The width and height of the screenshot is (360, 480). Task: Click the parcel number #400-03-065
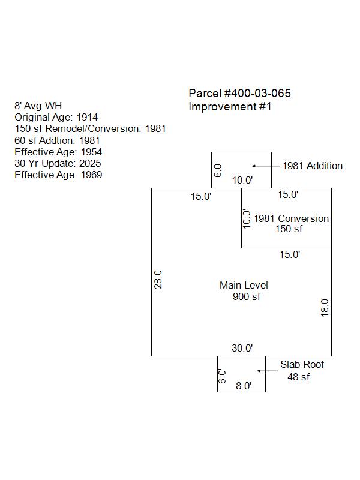pyautogui.click(x=240, y=94)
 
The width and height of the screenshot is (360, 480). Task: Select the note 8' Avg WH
pyautogui.click(x=38, y=106)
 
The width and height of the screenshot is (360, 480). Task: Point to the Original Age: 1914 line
pyautogui.click(x=56, y=118)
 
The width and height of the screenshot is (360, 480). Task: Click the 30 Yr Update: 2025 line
pyautogui.click(x=58, y=164)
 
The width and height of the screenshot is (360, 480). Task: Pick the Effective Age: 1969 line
pyautogui.click(x=58, y=175)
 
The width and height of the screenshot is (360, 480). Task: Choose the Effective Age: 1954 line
pyautogui.click(x=58, y=152)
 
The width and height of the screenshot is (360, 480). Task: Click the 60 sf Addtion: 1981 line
pyautogui.click(x=58, y=141)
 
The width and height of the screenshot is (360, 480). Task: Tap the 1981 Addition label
pyautogui.click(x=313, y=166)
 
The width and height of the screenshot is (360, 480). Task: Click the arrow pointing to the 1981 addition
pyautogui.click(x=263, y=166)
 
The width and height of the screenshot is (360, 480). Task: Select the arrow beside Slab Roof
pyautogui.click(x=266, y=371)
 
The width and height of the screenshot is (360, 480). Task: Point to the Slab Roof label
pyautogui.click(x=302, y=365)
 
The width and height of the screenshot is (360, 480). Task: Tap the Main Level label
pyautogui.click(x=244, y=286)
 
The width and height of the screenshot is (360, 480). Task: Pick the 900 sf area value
pyautogui.click(x=247, y=296)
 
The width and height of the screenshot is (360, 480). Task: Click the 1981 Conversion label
pyautogui.click(x=291, y=219)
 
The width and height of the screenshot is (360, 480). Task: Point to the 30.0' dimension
pyautogui.click(x=242, y=348)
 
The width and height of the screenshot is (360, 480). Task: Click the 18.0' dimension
pyautogui.click(x=325, y=307)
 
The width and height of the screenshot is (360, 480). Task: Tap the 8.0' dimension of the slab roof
pyautogui.click(x=244, y=386)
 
